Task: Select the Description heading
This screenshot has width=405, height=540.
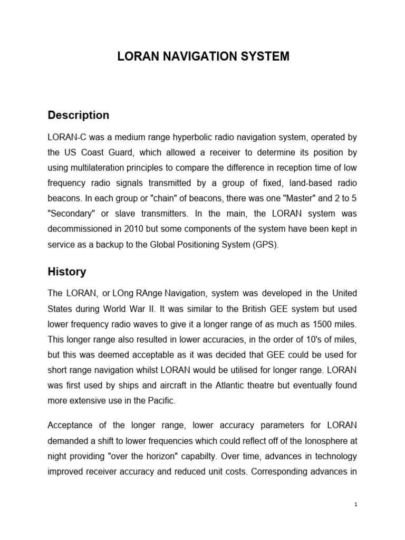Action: [x=79, y=115]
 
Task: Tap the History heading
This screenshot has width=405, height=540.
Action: [x=67, y=272]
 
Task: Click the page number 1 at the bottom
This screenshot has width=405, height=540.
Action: [x=356, y=504]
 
